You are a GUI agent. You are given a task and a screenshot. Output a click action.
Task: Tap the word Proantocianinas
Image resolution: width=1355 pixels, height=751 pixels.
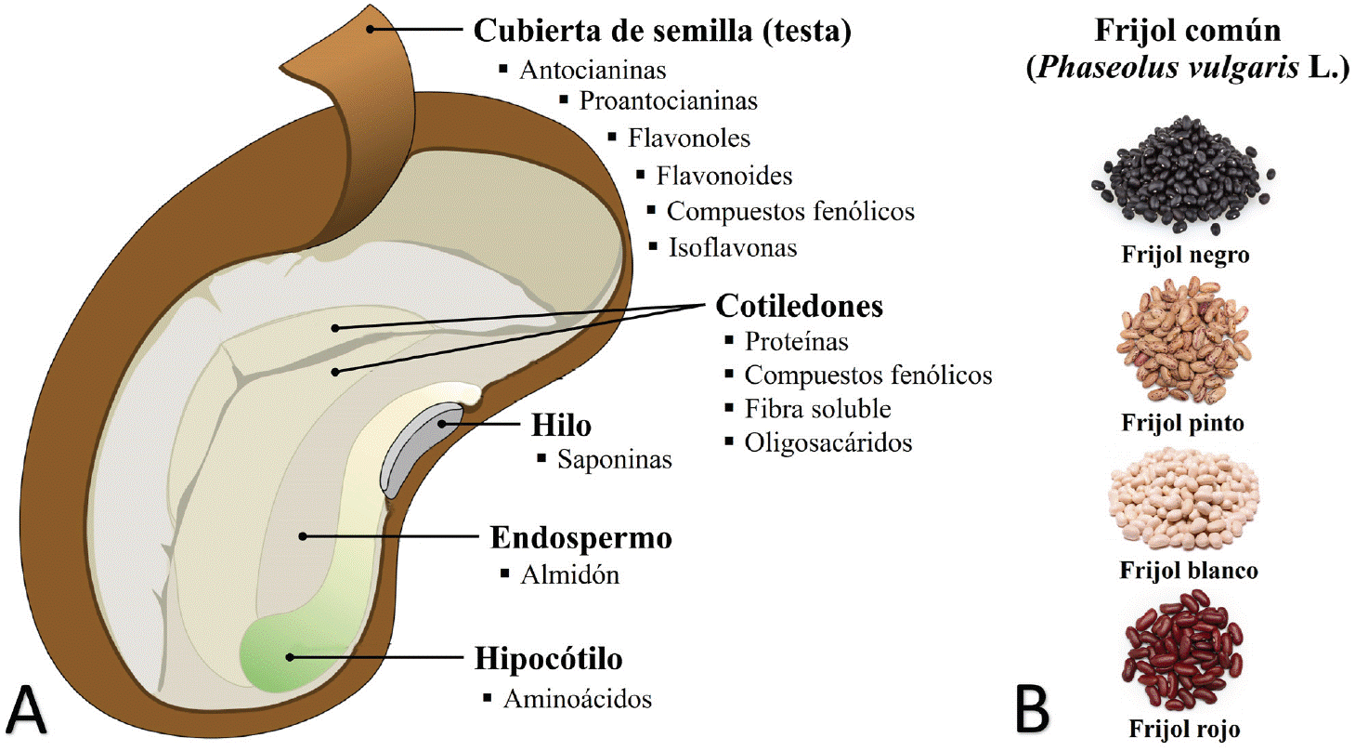pyautogui.click(x=668, y=100)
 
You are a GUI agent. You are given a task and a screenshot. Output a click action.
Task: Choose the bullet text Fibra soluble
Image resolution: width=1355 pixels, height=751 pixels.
pyautogui.click(x=817, y=409)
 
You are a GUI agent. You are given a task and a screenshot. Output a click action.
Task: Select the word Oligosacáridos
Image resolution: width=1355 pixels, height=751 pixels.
pyautogui.click(x=827, y=442)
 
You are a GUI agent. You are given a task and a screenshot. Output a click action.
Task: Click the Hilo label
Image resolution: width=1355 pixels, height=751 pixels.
pyautogui.click(x=561, y=426)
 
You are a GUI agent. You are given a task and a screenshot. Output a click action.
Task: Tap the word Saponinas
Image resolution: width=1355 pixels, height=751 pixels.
pyautogui.click(x=614, y=460)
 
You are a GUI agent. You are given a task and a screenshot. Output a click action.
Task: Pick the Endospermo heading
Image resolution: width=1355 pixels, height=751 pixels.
pyautogui.click(x=580, y=539)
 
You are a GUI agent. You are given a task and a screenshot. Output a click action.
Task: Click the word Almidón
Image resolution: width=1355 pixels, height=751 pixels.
pyautogui.click(x=570, y=574)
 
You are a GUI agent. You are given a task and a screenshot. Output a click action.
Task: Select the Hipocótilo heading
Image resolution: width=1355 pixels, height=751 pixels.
pyautogui.click(x=548, y=659)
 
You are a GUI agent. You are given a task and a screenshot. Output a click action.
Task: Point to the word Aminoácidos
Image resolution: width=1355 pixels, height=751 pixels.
pyautogui.click(x=578, y=699)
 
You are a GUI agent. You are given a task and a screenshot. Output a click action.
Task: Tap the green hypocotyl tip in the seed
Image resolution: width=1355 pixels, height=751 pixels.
pyautogui.click(x=280, y=654)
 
